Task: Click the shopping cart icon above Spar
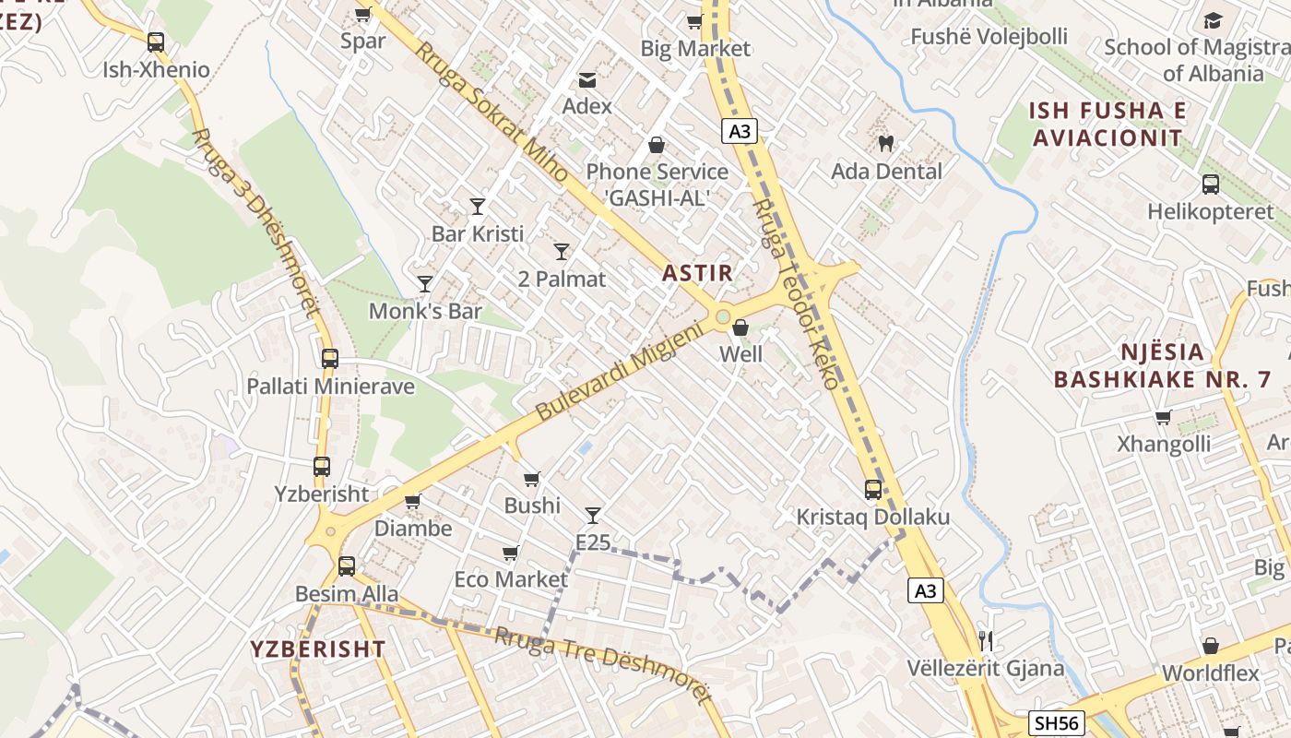click(362, 14)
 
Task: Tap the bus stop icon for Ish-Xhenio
click(156, 42)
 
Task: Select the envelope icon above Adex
click(587, 80)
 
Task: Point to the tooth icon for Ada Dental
click(886, 143)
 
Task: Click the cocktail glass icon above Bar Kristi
click(478, 206)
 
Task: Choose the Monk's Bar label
click(425, 311)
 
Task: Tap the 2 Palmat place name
click(562, 279)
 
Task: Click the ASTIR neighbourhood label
click(697, 273)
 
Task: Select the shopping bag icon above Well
click(740, 327)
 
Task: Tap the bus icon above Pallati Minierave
click(330, 358)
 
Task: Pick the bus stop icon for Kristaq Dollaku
click(873, 489)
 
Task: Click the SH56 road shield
click(1056, 724)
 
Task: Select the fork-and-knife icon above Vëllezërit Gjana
click(986, 639)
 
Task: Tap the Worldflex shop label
click(1210, 673)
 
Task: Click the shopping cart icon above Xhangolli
click(1164, 417)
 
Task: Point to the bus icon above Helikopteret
click(1211, 184)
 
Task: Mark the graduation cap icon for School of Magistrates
click(1213, 19)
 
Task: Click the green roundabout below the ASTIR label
click(722, 317)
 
